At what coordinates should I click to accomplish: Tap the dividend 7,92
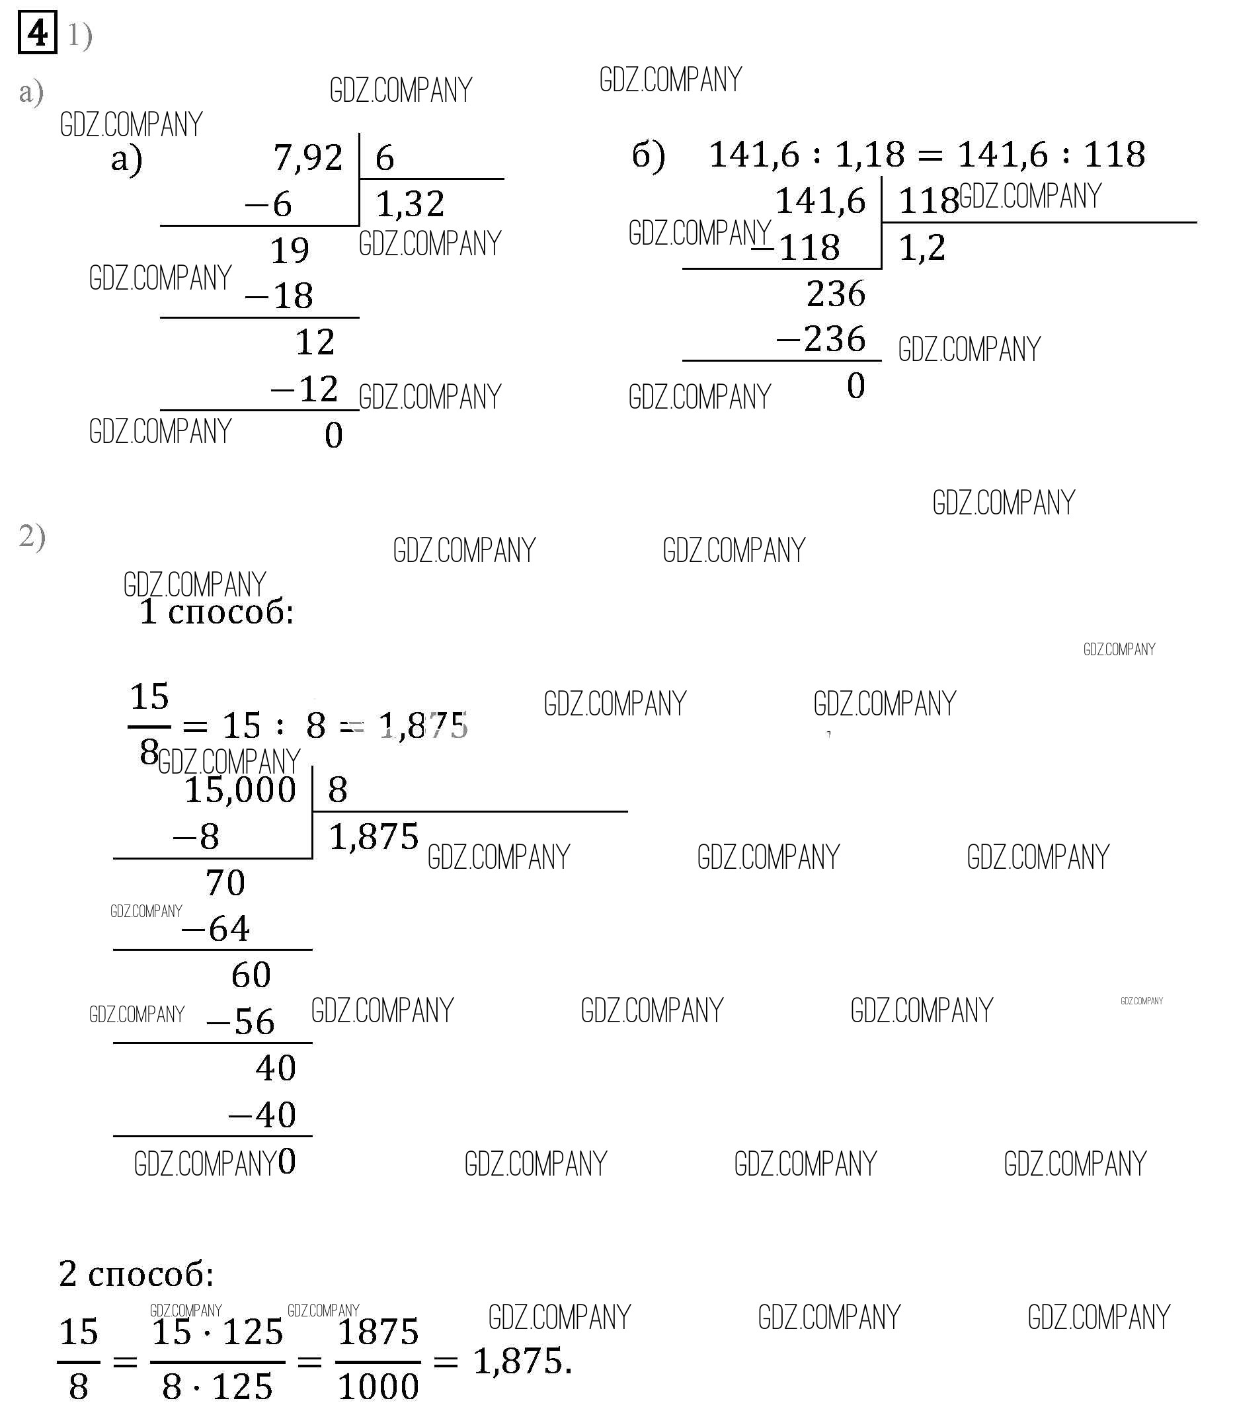(x=307, y=157)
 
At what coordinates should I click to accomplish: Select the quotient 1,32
(x=410, y=204)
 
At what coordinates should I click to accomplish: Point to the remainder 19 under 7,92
(x=289, y=251)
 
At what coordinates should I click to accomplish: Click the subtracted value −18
(x=280, y=296)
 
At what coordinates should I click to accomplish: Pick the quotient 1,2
(x=922, y=248)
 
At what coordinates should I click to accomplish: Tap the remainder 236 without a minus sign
(x=835, y=294)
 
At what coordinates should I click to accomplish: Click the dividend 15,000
(x=240, y=789)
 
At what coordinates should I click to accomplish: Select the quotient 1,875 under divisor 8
(x=374, y=837)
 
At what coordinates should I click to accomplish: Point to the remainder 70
(x=225, y=883)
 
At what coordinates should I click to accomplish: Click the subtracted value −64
(x=216, y=929)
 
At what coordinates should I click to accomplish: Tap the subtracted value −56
(x=241, y=1022)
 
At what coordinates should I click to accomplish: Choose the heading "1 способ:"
(x=216, y=612)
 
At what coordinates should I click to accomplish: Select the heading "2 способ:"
(x=136, y=1273)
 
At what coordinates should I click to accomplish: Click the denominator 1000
(x=378, y=1387)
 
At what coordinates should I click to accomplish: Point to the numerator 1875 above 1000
(x=378, y=1332)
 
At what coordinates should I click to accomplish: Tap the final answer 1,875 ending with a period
(x=522, y=1361)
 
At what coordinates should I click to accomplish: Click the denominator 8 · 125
(x=217, y=1387)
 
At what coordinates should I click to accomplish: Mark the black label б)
(x=648, y=155)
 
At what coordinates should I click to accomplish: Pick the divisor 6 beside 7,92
(x=385, y=158)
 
